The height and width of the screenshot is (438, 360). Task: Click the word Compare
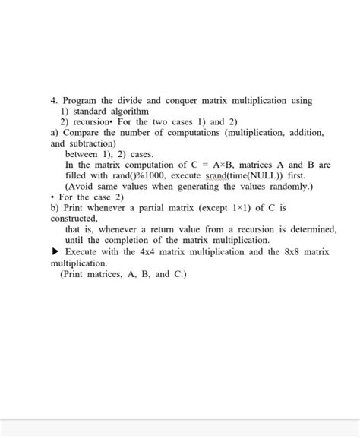point(79,132)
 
